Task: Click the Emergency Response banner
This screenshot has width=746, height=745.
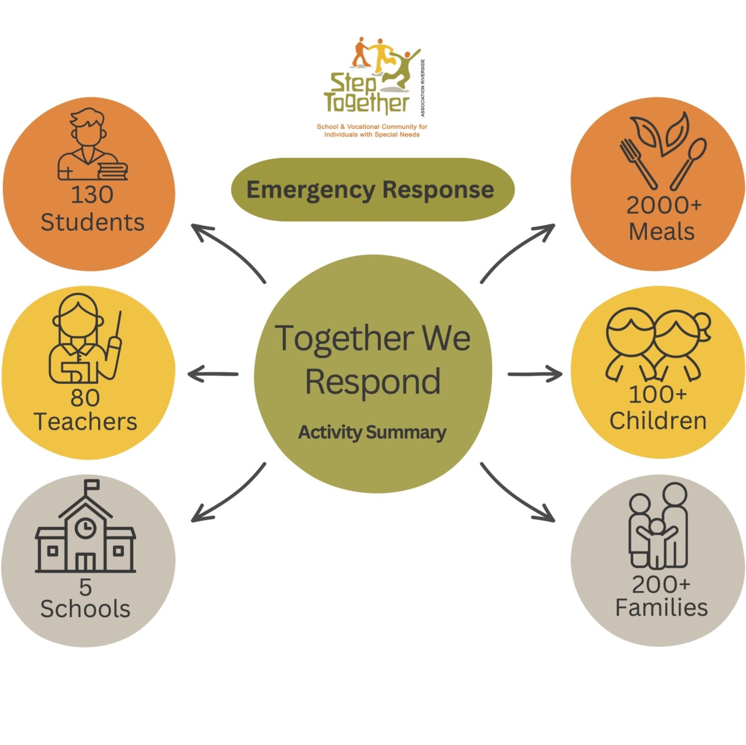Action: [x=373, y=189]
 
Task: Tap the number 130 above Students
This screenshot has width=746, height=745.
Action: [x=92, y=194]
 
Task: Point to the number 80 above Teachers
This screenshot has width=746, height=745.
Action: [x=85, y=398]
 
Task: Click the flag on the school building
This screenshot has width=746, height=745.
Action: [x=92, y=485]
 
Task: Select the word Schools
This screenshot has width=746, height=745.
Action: [x=86, y=609]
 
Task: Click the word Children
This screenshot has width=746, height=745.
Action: [x=658, y=421]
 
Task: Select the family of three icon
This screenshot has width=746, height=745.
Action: [x=658, y=527]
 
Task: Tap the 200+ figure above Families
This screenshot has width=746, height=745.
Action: [x=661, y=584]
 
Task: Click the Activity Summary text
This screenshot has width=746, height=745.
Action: [x=372, y=432]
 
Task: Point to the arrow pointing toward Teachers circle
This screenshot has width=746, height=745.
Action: [x=213, y=374]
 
